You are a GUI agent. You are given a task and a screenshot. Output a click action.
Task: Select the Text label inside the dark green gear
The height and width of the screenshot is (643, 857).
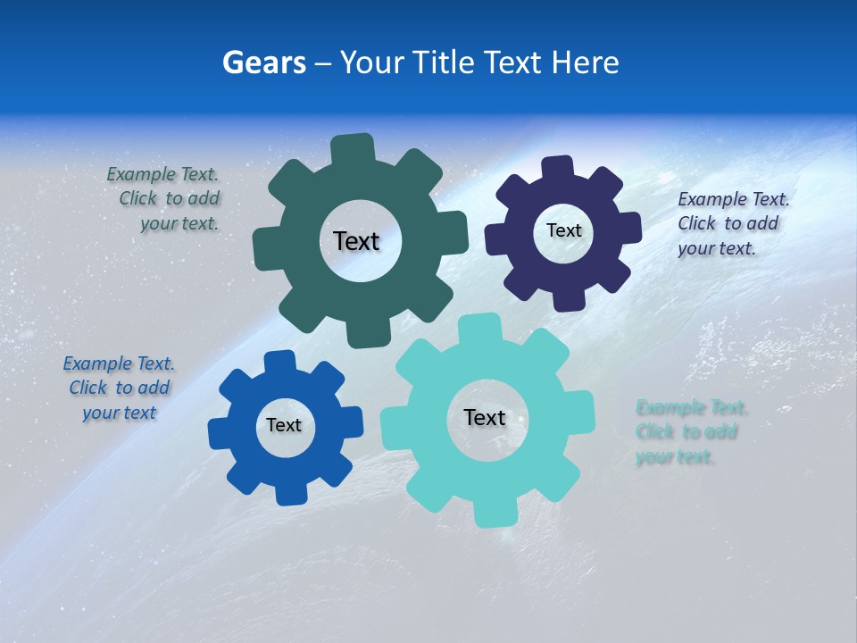[x=356, y=241]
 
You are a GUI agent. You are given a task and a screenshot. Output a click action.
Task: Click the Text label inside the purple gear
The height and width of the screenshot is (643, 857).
[x=563, y=230]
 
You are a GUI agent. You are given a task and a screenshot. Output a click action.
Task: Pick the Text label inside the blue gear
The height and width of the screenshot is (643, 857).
[x=284, y=425]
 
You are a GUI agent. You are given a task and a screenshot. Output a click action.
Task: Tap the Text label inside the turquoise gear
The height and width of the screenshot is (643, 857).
[x=485, y=417]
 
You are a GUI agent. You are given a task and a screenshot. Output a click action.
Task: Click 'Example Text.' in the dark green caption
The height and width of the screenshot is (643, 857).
[x=162, y=175]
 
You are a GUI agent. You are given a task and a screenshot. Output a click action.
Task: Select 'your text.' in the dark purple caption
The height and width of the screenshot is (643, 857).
[x=716, y=248]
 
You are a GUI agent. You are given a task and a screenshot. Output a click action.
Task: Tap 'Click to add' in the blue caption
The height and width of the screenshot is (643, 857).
[x=119, y=388]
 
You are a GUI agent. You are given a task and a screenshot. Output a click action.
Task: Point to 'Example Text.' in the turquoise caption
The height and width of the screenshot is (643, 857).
[x=692, y=408]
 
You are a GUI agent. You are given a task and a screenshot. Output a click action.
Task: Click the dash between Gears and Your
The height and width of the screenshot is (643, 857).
[x=324, y=63]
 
